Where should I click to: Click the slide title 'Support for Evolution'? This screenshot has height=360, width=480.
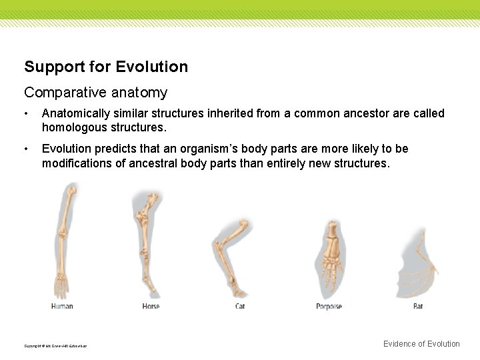pyautogui.click(x=106, y=67)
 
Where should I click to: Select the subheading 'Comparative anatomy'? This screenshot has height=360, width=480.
pyautogui.click(x=95, y=93)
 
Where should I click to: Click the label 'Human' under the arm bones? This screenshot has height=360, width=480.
pyautogui.click(x=62, y=306)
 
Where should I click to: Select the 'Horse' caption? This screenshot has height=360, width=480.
pyautogui.click(x=151, y=306)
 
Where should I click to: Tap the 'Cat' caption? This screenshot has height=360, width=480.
pyautogui.click(x=240, y=306)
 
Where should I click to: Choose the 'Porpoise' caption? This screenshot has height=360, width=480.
pyautogui.click(x=329, y=306)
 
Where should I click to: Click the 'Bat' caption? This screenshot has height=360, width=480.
pyautogui.click(x=418, y=306)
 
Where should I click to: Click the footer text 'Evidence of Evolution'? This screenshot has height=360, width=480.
pyautogui.click(x=421, y=344)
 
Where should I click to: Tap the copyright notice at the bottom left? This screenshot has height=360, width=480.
pyautogui.click(x=55, y=345)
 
